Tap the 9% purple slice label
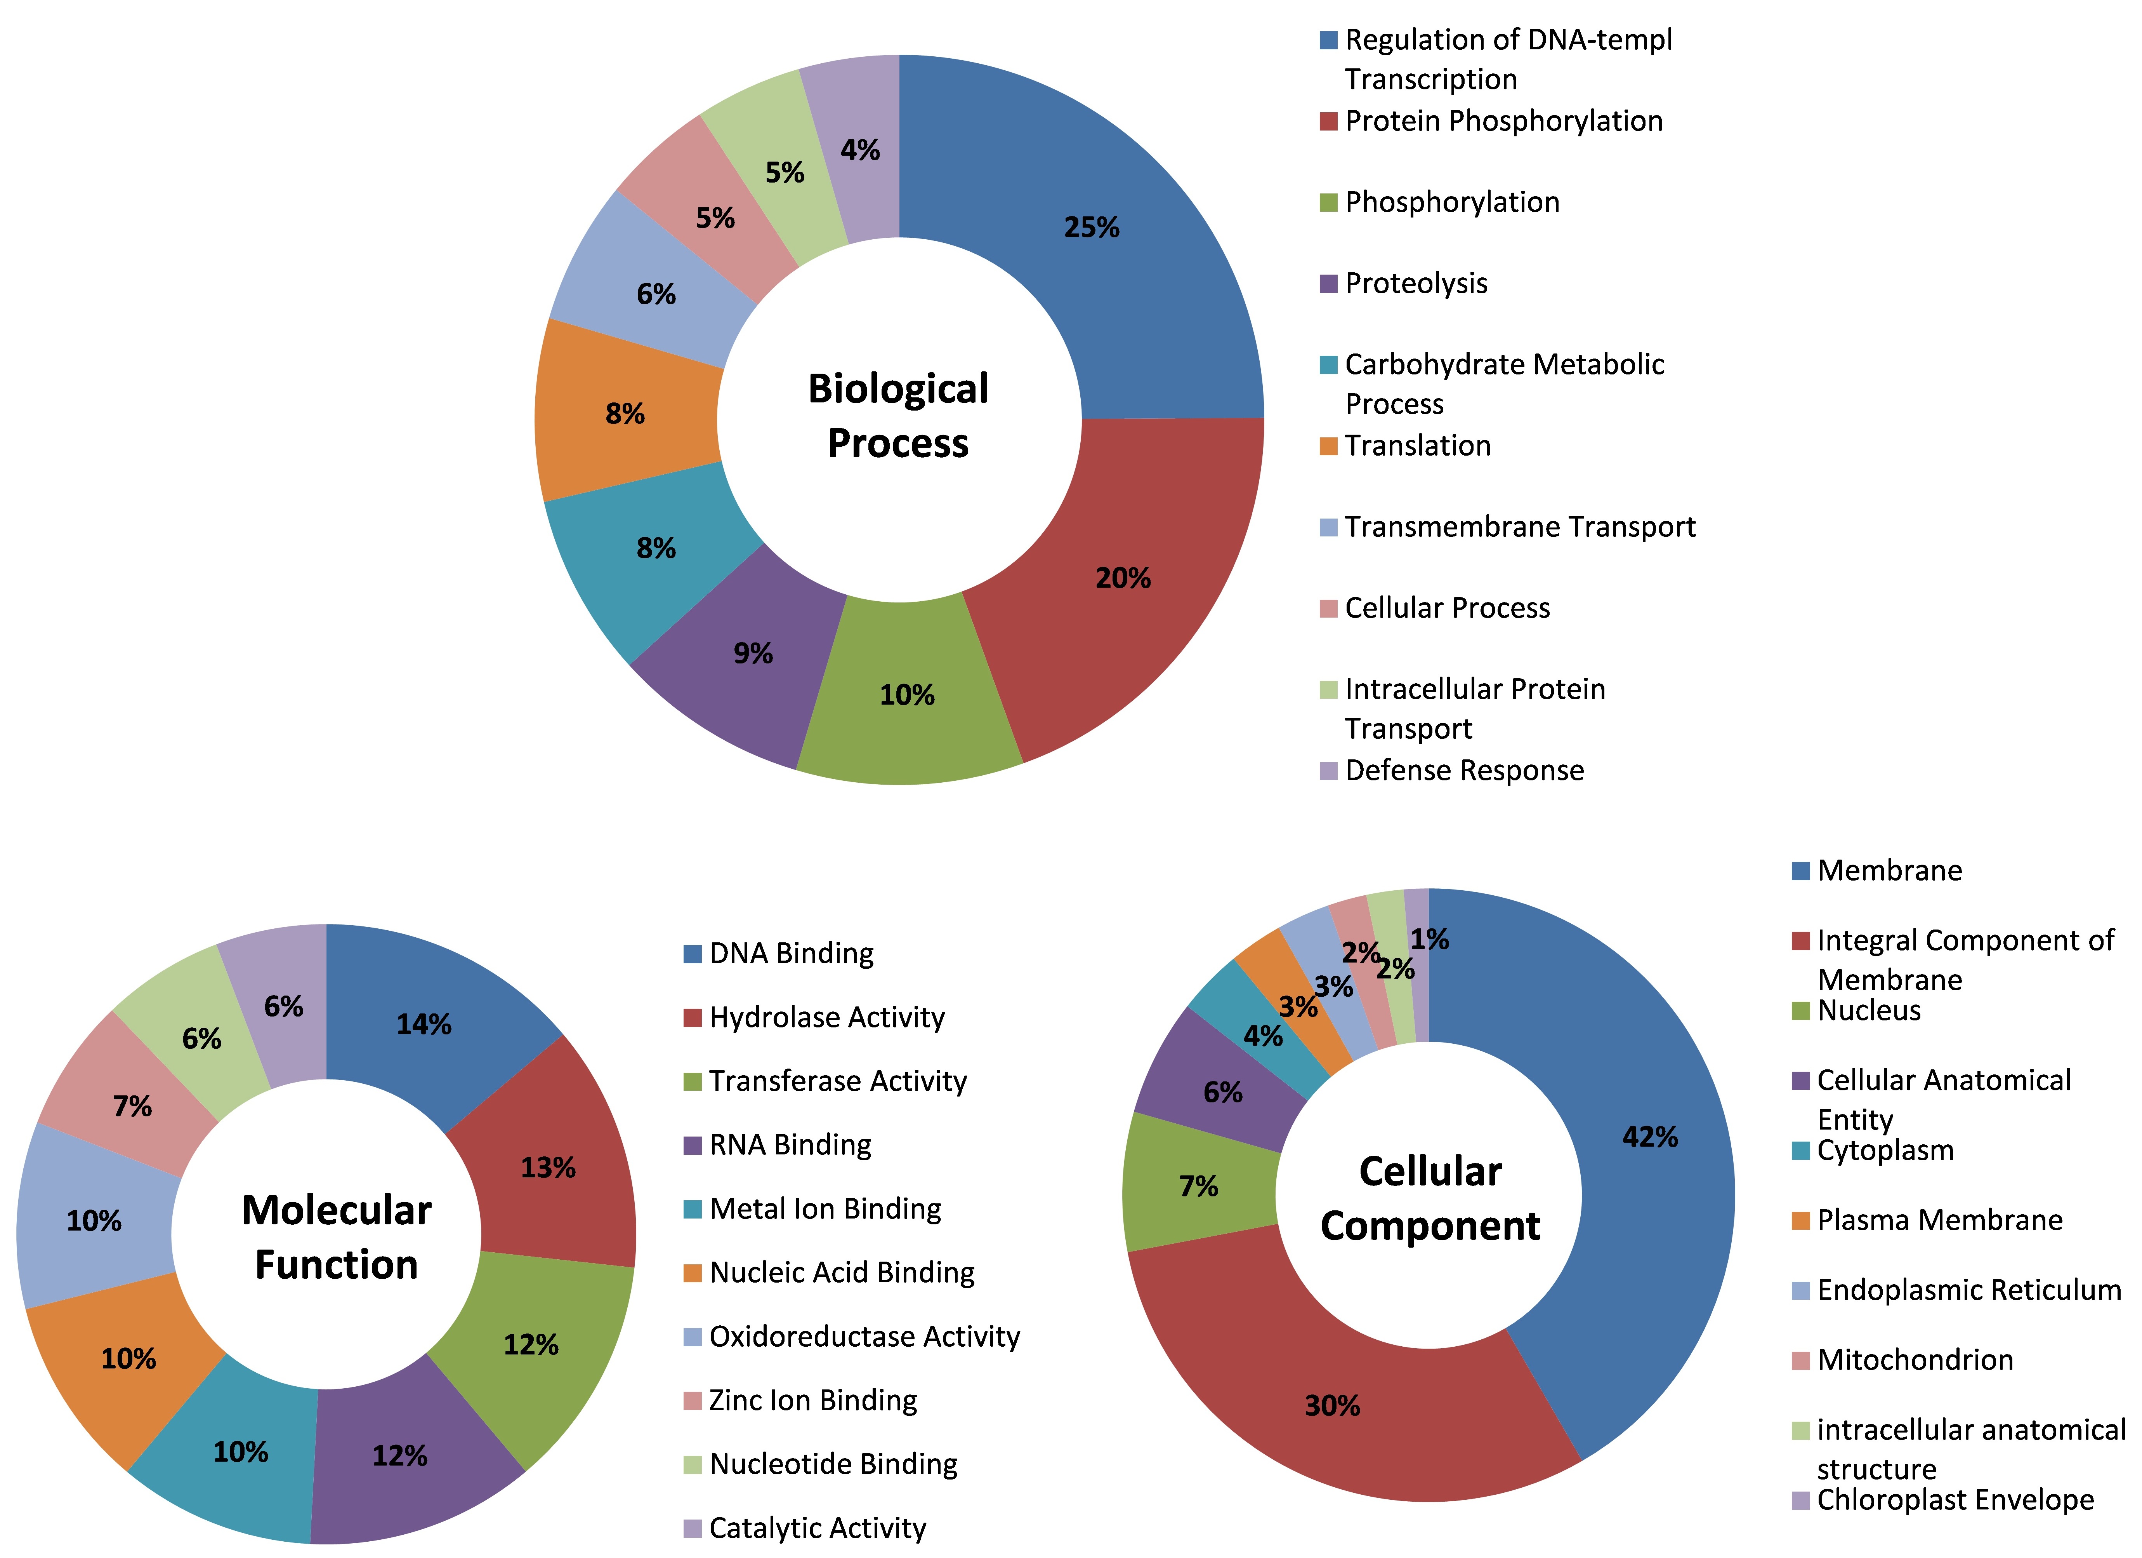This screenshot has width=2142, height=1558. pyautogui.click(x=753, y=653)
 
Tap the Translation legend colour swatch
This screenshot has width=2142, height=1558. pyautogui.click(x=1328, y=446)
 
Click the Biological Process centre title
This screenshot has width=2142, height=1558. pyautogui.click(x=898, y=416)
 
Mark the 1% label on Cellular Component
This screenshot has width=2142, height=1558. pyautogui.click(x=1429, y=939)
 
